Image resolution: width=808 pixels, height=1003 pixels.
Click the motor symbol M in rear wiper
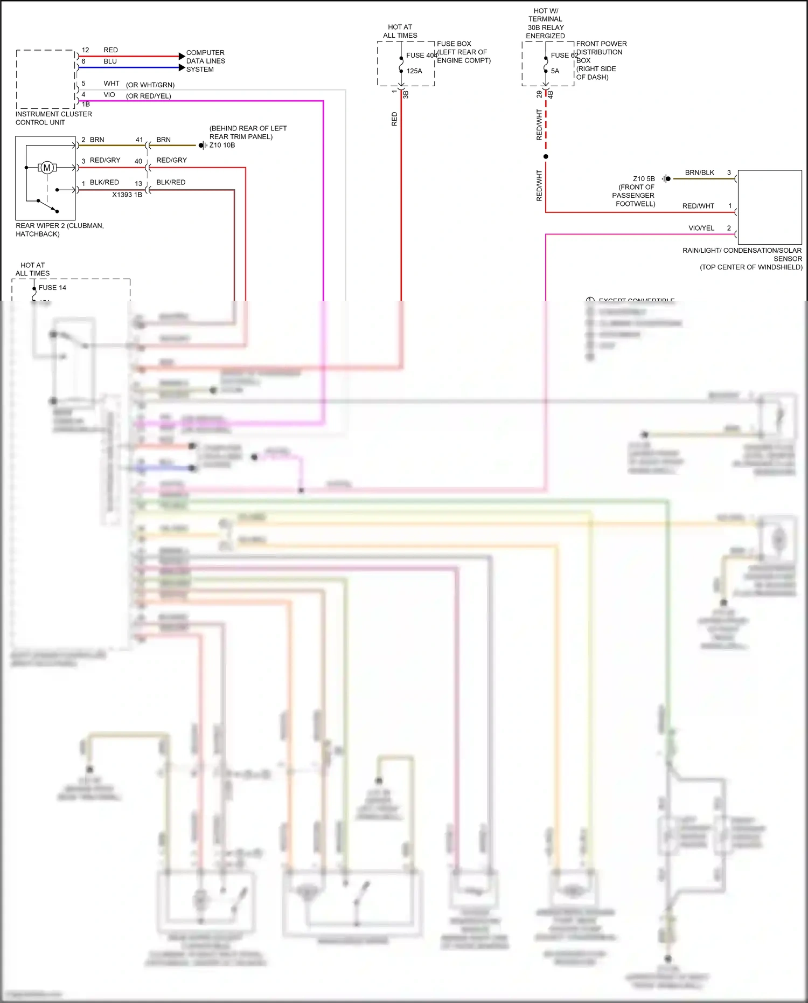tap(47, 168)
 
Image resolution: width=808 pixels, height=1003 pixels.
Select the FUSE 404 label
tap(421, 55)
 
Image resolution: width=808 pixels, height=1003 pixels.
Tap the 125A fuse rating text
tap(414, 71)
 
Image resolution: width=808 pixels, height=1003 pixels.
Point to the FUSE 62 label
tap(563, 55)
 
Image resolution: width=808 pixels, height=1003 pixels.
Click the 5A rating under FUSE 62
tap(555, 71)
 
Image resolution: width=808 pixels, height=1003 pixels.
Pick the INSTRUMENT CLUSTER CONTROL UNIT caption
tap(53, 118)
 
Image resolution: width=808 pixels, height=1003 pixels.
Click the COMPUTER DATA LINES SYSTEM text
tap(205, 61)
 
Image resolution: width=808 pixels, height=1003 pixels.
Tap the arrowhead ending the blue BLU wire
tap(182, 67)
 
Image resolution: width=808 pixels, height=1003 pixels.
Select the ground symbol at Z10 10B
tap(202, 146)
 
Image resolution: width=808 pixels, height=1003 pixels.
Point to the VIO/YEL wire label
tap(701, 228)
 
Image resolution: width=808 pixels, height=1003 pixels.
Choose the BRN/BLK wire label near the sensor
tap(699, 172)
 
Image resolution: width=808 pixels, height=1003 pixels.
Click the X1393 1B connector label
tap(127, 195)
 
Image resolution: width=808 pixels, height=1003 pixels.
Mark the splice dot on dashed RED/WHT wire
tap(546, 156)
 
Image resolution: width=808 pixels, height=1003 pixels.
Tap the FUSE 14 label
tap(52, 288)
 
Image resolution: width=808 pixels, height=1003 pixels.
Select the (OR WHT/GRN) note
tap(150, 85)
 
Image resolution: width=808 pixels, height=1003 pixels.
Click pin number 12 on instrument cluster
tap(85, 50)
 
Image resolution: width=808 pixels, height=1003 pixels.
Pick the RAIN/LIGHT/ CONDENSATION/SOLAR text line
tap(742, 250)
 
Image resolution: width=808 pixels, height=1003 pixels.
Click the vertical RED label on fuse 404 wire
tap(394, 119)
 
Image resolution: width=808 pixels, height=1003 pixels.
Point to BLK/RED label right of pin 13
tap(171, 182)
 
